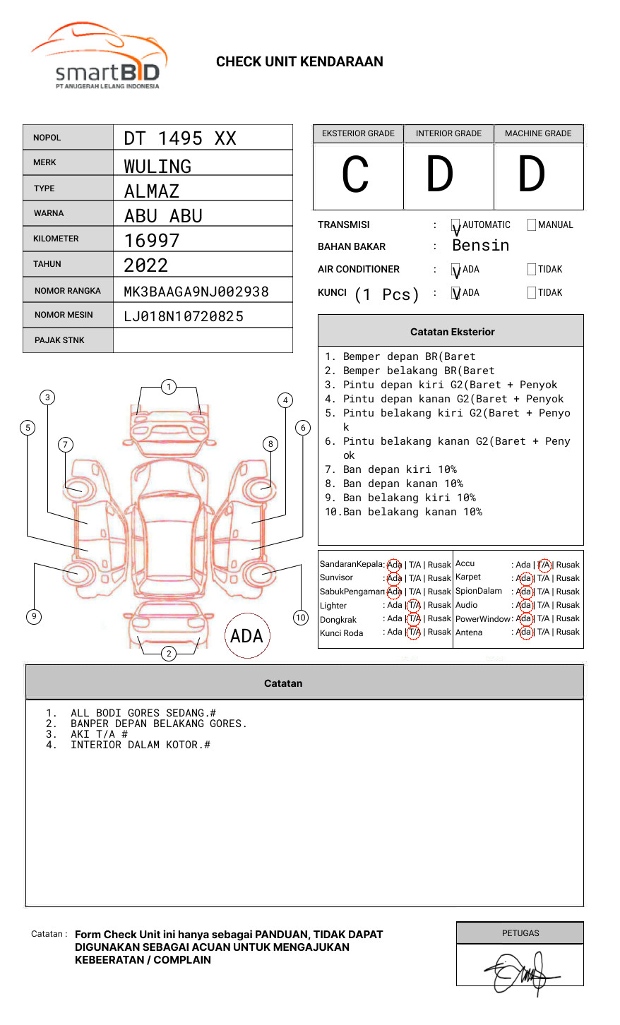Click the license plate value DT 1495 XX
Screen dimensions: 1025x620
point(180,138)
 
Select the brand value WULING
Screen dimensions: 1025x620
point(157,167)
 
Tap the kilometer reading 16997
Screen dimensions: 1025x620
point(152,241)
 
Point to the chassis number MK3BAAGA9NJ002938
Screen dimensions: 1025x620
point(196,292)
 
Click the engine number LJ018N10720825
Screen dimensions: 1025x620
point(184,316)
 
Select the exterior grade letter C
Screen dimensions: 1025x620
point(356,175)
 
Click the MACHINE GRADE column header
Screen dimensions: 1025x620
point(538,133)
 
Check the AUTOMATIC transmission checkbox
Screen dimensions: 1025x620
point(456,226)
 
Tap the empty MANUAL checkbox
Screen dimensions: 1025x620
point(532,225)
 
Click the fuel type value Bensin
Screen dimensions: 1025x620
point(480,246)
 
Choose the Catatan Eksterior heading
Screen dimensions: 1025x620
point(452,332)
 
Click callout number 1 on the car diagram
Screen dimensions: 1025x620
point(168,387)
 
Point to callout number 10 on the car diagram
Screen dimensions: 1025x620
point(301,618)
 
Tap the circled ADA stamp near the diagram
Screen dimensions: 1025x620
point(246,636)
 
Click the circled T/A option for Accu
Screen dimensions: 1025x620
point(544,565)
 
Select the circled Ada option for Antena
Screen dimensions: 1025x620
point(525,633)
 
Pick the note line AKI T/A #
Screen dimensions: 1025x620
point(99,734)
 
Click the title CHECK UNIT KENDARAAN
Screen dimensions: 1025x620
point(299,62)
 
